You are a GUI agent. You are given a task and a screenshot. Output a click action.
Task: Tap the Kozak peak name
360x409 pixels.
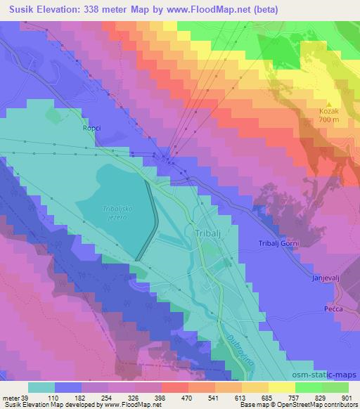[329, 111]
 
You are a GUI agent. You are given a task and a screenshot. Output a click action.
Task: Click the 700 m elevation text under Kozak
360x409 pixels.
[329, 119]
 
